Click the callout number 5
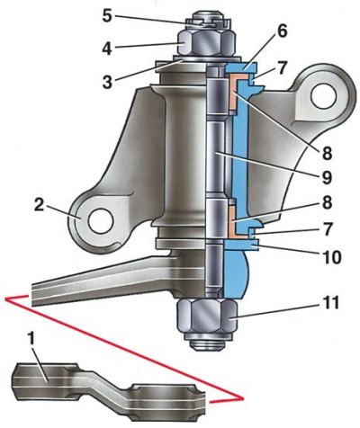pos(107,16)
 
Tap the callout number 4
pos(107,48)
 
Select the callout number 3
pos(107,81)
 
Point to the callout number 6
pos(282,32)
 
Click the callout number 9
pos(326,177)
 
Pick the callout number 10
pos(330,257)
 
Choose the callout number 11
pos(330,303)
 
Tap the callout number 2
pos(40,205)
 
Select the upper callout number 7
pos(283,68)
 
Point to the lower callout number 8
pos(327,202)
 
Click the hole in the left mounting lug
pos(101,221)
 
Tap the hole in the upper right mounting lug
pos(323,97)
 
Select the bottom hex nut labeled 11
pos(207,317)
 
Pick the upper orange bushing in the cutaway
pos(237,92)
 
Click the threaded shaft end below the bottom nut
pos(206,344)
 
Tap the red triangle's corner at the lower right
pos(242,398)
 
